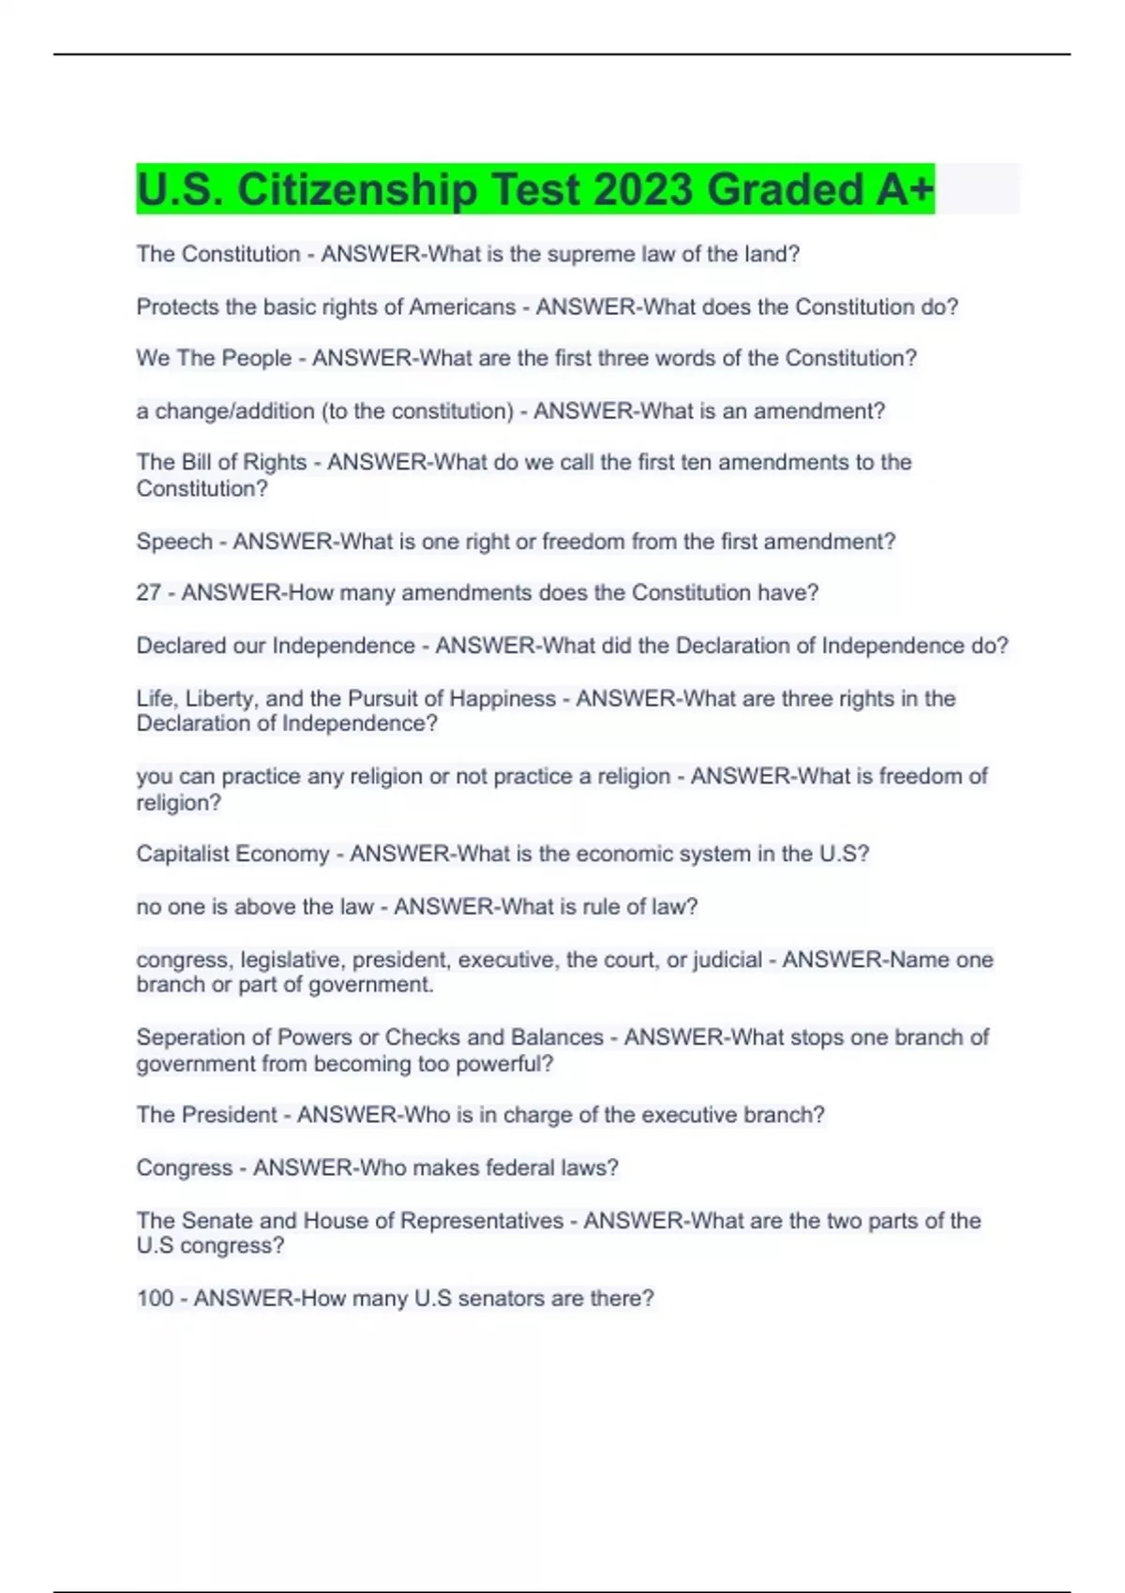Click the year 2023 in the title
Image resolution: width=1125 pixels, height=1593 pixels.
point(644,189)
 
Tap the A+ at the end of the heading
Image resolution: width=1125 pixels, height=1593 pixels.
point(906,189)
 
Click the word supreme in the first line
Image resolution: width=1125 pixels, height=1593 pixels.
point(591,254)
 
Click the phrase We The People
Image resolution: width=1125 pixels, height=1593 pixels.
point(214,358)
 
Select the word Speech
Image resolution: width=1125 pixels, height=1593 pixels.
point(174,542)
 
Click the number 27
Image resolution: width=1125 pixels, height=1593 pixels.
point(148,593)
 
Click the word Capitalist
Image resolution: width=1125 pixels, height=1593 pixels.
point(182,854)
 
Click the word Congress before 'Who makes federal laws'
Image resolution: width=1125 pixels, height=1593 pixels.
point(184,1168)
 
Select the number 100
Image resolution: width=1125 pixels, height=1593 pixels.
point(155,1298)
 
